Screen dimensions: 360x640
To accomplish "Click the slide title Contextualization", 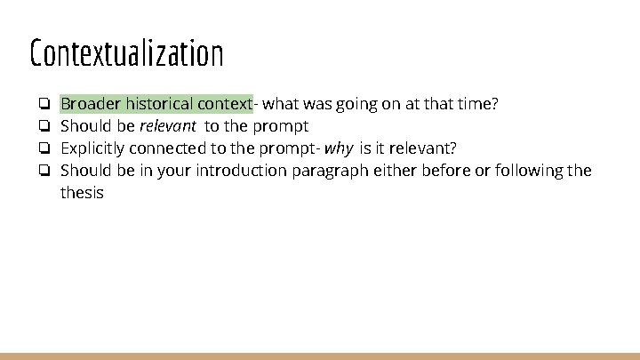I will pyautogui.click(x=126, y=53).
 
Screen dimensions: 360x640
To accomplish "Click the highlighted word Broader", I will pyautogui.click(x=90, y=104).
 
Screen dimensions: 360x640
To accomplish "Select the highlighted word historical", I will pyautogui.click(x=161, y=104).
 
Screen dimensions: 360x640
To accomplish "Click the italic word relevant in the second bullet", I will pyautogui.click(x=167, y=126).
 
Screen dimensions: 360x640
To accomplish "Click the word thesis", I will pyautogui.click(x=82, y=192).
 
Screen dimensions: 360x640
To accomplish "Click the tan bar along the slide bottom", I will pyautogui.click(x=320, y=356).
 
